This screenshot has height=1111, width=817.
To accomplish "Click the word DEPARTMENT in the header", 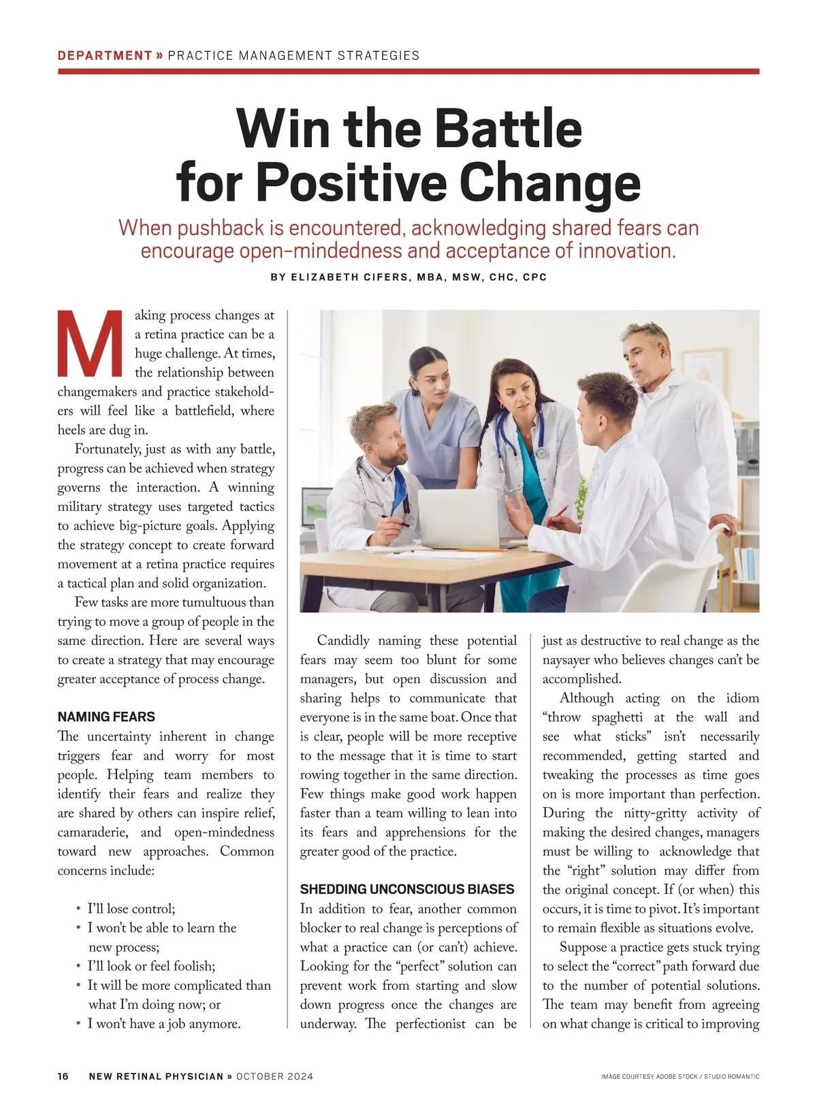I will click(105, 56).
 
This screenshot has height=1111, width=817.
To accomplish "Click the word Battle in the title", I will click(509, 127).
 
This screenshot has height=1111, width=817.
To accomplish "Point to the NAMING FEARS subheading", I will click(106, 717).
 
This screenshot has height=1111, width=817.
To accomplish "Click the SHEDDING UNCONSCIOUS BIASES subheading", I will click(407, 889).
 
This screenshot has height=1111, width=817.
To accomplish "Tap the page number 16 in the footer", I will click(63, 1076).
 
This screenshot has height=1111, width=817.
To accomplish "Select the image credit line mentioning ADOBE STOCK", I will click(680, 1077).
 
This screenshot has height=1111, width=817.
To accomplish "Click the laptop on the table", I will click(458, 518).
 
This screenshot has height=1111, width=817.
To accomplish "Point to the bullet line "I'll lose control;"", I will click(131, 909).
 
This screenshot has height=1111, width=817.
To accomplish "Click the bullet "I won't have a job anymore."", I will click(163, 1024).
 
